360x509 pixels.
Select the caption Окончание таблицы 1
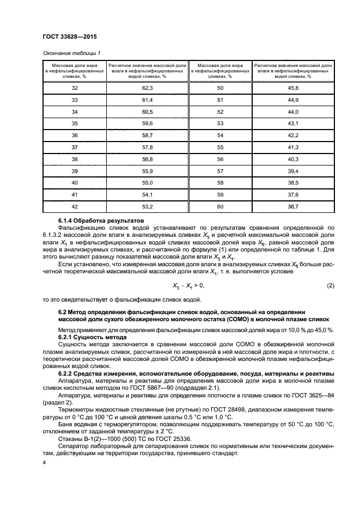[71, 53]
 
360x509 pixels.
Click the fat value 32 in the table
[75, 88]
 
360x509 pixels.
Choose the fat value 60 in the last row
[220, 206]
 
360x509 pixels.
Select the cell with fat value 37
[75, 147]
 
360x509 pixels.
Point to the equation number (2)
[330, 271]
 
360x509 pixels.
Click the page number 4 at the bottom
[44, 462]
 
